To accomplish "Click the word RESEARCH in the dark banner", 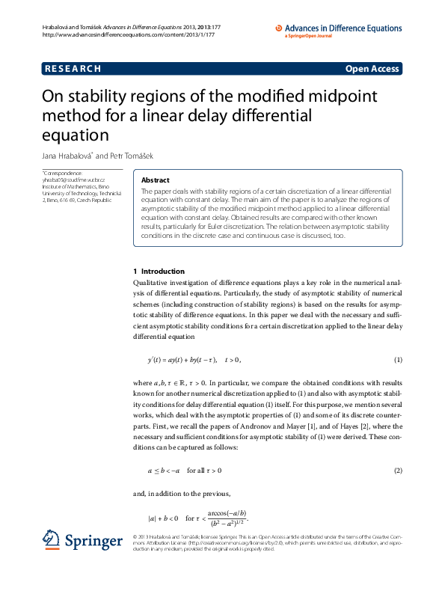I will coord(73,69).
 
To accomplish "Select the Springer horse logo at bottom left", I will coord(51,539).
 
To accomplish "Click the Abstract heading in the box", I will coord(156,180).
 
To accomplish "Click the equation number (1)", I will coord(398,360).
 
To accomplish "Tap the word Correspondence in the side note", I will coord(62,173).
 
